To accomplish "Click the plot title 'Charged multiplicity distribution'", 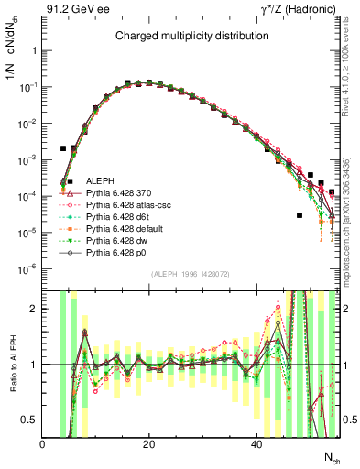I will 191,36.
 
